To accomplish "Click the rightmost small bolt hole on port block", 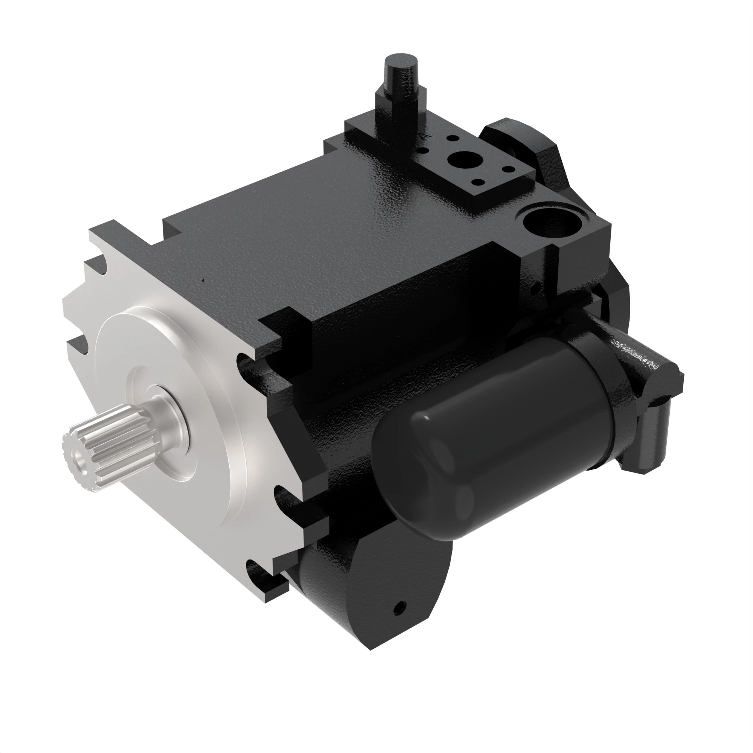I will click(508, 169).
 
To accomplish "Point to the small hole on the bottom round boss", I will click(399, 607).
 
